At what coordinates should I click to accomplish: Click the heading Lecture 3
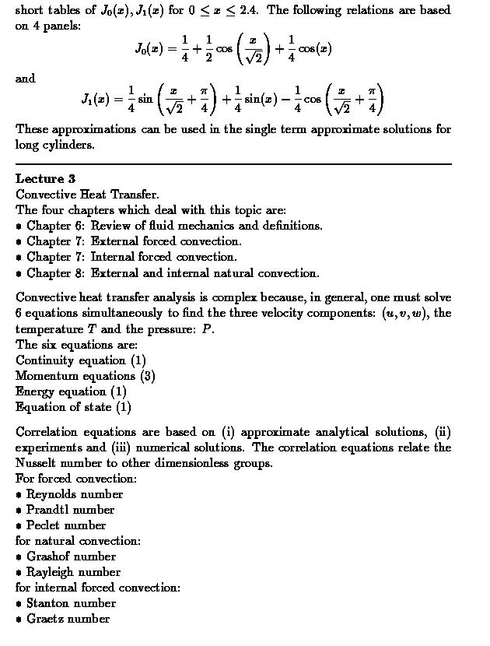[45, 179]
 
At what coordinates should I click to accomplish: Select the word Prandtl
[48, 510]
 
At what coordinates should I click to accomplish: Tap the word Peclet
[44, 525]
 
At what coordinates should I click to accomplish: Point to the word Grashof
[49, 556]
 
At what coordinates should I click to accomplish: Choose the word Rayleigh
[51, 572]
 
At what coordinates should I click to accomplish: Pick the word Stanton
[48, 603]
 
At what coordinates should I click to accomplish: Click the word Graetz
[45, 619]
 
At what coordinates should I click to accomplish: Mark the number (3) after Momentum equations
[148, 376]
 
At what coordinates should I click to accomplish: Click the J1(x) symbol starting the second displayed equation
[95, 100]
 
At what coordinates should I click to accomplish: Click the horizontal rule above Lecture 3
[233, 164]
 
